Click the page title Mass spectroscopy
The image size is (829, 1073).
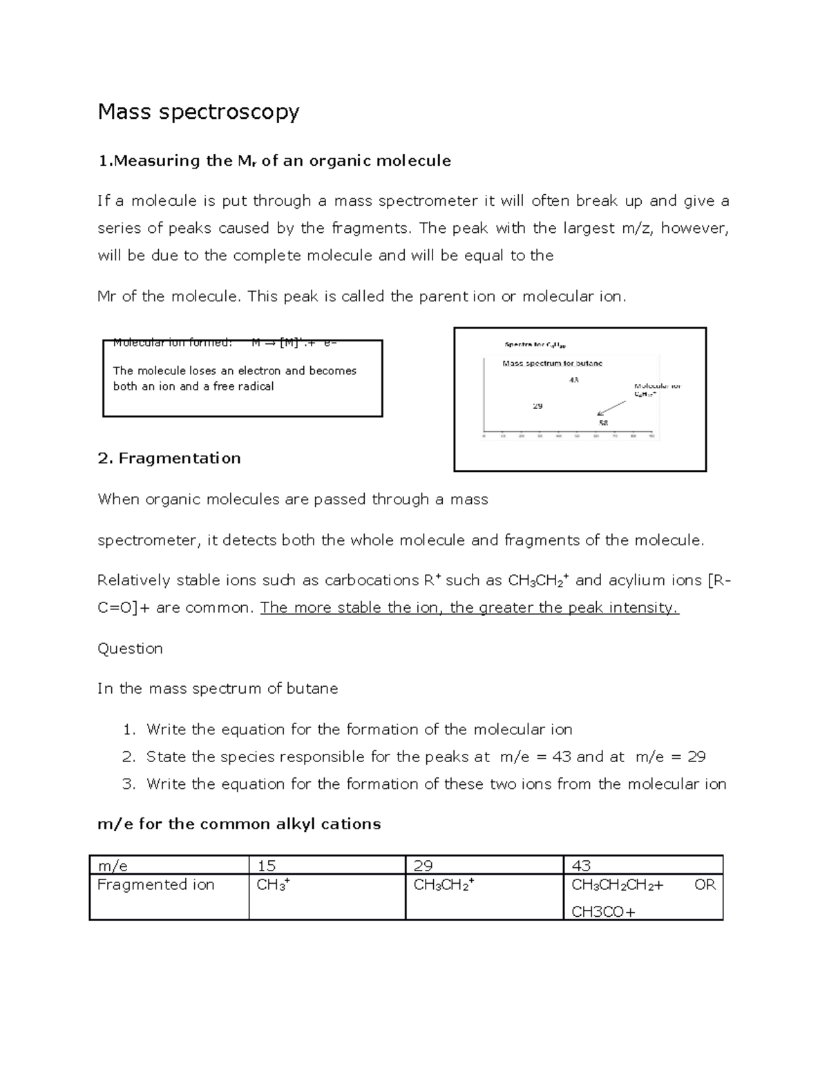[198, 112]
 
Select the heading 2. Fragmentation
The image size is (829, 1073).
[169, 459]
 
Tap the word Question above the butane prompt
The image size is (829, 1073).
[130, 649]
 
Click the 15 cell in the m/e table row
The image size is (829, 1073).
[267, 866]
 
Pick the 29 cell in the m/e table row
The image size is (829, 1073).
[423, 866]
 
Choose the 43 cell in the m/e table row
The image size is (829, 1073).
[581, 866]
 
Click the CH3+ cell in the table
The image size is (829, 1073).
[273, 885]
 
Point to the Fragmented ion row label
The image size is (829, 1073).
[155, 885]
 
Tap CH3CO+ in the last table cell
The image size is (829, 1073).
[603, 912]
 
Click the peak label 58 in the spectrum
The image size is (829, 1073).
[603, 423]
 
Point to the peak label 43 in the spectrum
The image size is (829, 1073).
[574, 380]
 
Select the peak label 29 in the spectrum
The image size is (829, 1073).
[537, 406]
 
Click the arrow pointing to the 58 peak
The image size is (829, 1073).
[611, 408]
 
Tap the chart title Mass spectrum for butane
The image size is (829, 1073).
[552, 363]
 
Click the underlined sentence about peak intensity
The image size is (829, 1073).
[469, 608]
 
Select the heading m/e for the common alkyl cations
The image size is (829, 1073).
[239, 824]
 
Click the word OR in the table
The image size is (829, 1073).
[705, 885]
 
